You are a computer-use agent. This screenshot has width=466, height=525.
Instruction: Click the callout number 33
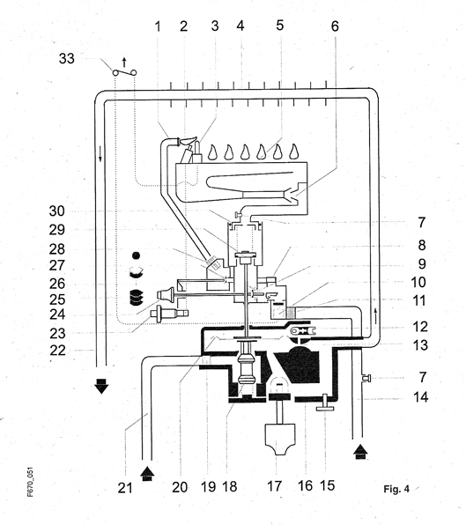(67, 58)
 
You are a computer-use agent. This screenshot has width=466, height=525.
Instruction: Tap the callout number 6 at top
(335, 26)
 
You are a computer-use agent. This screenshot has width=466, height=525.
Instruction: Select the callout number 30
(57, 211)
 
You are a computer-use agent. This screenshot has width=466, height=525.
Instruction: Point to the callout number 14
(421, 397)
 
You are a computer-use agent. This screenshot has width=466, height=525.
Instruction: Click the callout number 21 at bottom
(125, 488)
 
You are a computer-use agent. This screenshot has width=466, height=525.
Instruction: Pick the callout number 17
(274, 486)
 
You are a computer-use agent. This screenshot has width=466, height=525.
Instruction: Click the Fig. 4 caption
(396, 489)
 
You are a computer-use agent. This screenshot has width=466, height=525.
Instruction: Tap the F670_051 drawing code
(31, 482)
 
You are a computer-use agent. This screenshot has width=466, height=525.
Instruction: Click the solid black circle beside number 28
(136, 255)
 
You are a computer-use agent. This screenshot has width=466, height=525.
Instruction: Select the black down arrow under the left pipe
(101, 386)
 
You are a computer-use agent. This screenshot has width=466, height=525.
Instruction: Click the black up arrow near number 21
(147, 474)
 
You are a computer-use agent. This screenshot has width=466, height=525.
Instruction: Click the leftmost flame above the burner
(212, 152)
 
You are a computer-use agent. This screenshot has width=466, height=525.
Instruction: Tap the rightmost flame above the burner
(294, 152)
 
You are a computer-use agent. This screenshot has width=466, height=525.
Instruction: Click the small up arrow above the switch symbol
(124, 63)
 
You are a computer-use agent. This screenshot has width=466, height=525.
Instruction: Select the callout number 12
(420, 327)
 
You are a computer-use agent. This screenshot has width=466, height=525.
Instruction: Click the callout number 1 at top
(158, 26)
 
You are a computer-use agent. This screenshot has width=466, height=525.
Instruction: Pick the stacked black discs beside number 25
(136, 298)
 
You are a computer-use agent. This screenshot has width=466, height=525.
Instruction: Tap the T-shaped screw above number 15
(325, 403)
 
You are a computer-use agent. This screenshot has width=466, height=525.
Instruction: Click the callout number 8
(422, 246)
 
